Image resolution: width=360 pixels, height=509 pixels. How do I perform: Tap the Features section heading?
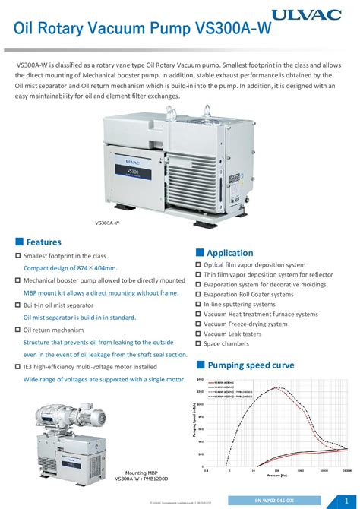[x=43, y=242]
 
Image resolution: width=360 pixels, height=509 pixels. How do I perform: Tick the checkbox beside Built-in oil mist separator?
[x=18, y=305]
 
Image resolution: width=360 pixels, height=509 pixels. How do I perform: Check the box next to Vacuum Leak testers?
[x=197, y=334]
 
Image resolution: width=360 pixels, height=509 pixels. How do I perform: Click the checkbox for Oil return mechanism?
[x=18, y=330]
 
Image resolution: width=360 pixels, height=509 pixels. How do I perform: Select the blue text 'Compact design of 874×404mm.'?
[x=70, y=267]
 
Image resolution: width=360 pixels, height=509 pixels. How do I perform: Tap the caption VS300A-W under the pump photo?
[x=107, y=223]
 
